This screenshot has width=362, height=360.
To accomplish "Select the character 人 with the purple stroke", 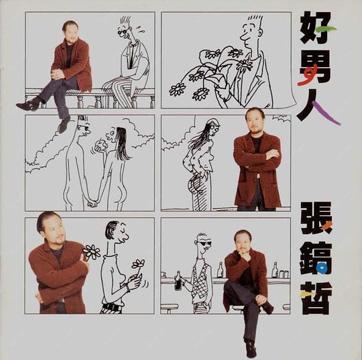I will coord(317,107).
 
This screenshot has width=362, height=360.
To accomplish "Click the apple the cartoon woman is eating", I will coord(102,145).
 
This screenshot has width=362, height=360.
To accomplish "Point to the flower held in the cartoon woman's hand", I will coord(138,264).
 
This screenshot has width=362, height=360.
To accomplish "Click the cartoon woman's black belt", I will coord(111,306).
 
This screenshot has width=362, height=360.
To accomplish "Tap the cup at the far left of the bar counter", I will coord(164,275).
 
